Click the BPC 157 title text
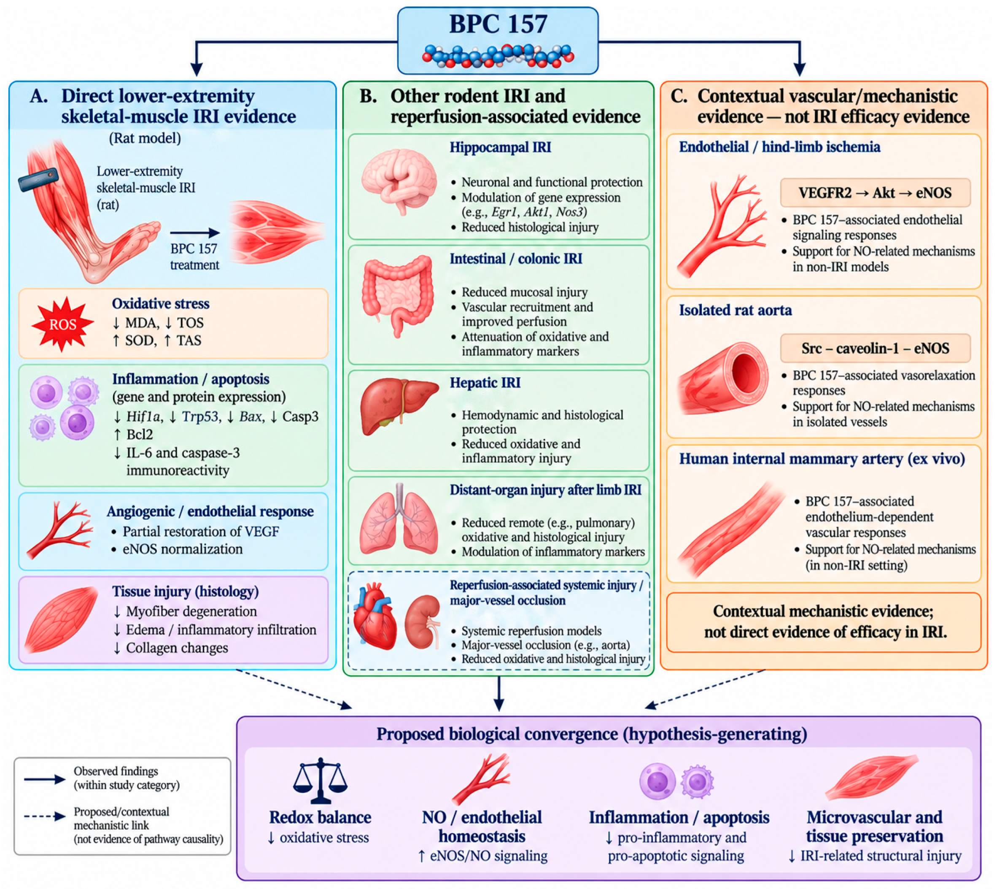[x=498, y=24]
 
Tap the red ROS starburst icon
[x=62, y=324]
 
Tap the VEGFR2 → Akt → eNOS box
[x=875, y=193]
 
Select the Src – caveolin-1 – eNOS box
[x=875, y=348]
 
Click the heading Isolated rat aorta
[x=735, y=310]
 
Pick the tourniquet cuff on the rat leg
[x=38, y=179]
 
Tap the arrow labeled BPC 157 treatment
[x=195, y=233]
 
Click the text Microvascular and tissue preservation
[x=874, y=827]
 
